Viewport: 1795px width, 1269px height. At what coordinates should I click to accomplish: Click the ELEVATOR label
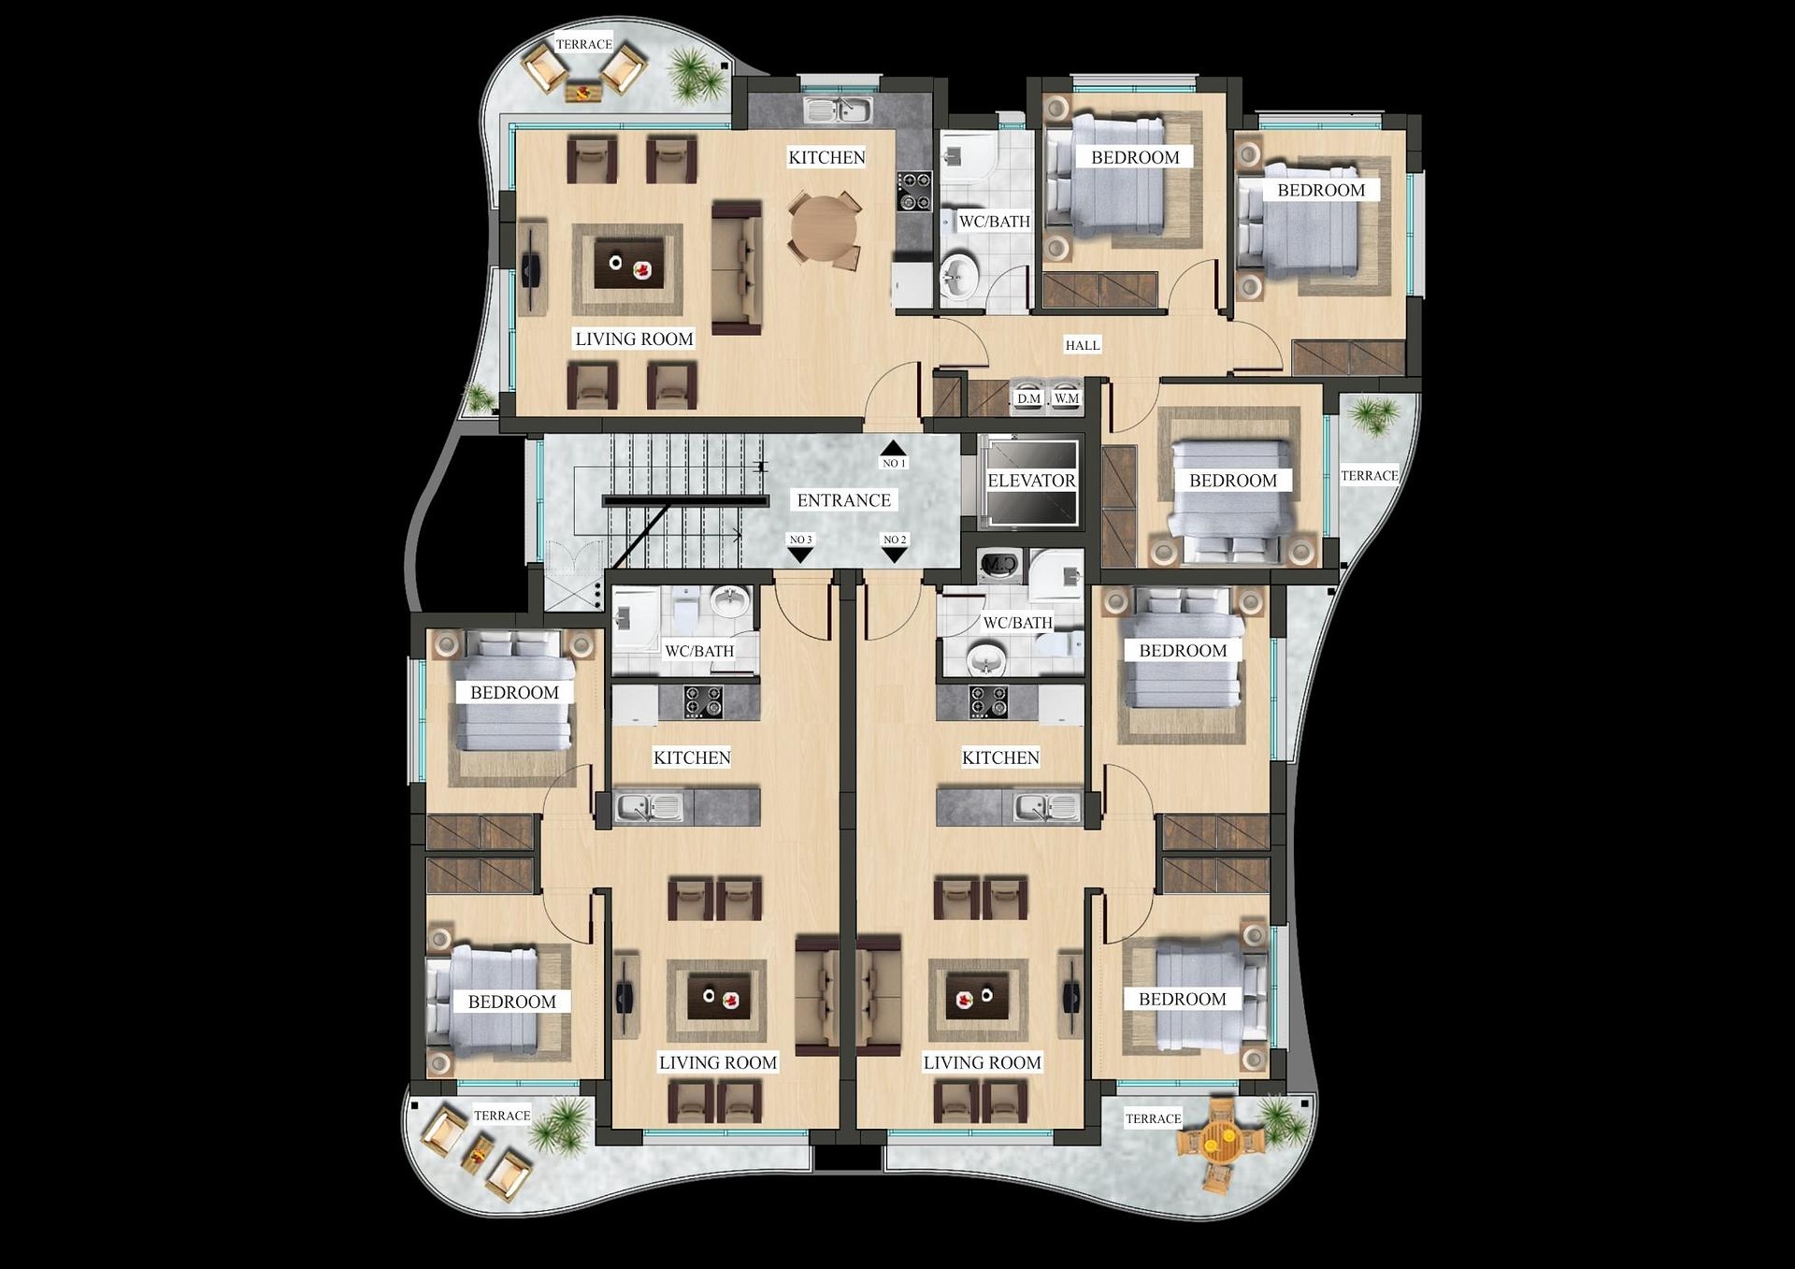click(1031, 481)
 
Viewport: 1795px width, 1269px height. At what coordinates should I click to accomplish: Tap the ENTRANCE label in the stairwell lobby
click(843, 500)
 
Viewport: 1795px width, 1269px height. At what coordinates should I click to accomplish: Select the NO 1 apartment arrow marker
click(893, 450)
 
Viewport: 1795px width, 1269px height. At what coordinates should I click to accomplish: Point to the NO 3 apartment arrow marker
click(800, 554)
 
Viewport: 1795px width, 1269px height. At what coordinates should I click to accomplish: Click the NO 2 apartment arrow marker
click(895, 554)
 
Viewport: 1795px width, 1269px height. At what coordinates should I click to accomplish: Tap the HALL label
click(1083, 345)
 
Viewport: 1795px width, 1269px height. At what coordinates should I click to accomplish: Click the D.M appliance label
click(1028, 398)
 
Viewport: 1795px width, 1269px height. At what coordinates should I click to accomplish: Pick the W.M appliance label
click(1066, 398)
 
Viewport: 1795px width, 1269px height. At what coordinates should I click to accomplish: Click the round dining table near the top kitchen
click(823, 229)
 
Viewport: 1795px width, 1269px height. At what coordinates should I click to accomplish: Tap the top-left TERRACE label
click(583, 44)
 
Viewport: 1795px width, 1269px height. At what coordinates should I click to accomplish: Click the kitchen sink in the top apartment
click(838, 110)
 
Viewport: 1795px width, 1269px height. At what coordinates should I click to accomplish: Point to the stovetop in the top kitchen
click(914, 191)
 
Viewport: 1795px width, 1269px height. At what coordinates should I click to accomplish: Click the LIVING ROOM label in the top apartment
click(634, 339)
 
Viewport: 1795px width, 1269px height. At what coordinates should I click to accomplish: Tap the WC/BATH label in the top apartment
click(995, 222)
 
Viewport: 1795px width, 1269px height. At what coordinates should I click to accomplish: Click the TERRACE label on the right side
click(1370, 475)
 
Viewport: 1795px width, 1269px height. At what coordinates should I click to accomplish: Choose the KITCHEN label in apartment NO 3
click(692, 757)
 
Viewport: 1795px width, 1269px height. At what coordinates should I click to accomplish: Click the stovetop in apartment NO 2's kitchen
click(988, 701)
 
